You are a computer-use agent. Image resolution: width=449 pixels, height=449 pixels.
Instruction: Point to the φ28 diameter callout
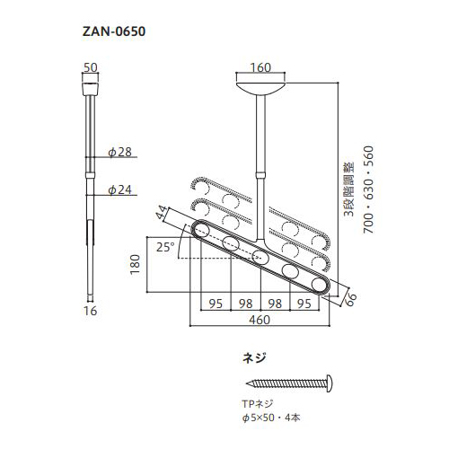coord(119,153)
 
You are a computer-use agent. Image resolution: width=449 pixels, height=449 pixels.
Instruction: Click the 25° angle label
coord(163,246)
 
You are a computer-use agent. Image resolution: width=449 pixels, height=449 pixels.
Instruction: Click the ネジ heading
coord(255,357)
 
